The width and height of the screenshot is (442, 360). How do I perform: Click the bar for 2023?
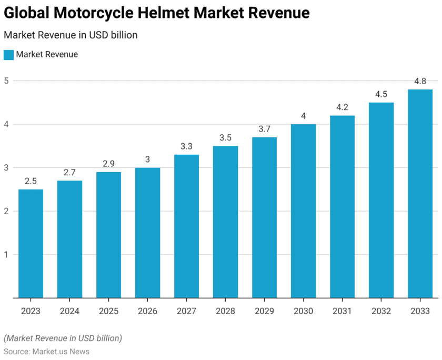click(31, 244)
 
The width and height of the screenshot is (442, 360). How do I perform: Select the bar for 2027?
click(186, 226)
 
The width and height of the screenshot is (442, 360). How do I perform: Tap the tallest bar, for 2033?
click(420, 194)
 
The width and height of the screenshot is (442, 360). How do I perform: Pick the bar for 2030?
click(303, 211)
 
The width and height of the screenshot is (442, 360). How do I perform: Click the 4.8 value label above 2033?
click(420, 82)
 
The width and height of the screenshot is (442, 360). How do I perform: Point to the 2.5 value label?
click(31, 182)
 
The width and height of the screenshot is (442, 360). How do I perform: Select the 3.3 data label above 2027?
click(186, 146)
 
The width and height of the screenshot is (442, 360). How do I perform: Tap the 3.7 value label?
click(264, 129)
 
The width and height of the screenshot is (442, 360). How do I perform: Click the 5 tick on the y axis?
click(7, 81)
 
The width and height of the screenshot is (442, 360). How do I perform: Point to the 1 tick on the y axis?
click(7, 255)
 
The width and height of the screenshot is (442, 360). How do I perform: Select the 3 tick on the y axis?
click(7, 168)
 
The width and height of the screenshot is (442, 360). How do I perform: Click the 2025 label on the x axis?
click(108, 311)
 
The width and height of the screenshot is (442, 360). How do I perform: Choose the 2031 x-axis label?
click(342, 311)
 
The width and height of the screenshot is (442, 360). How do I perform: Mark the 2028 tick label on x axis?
click(225, 311)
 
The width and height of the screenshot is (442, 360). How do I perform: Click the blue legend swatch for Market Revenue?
click(8, 55)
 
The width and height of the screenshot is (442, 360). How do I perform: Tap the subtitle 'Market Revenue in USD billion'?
click(71, 35)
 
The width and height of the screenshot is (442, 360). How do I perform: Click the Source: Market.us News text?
click(46, 351)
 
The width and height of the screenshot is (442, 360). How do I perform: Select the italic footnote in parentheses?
click(63, 337)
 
